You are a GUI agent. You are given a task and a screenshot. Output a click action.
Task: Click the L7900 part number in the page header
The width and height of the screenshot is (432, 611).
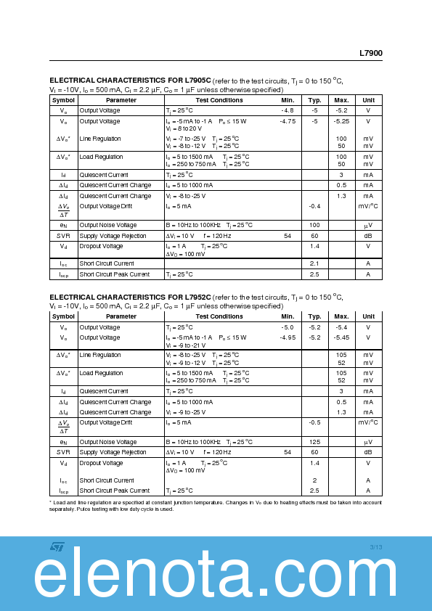pyautogui.click(x=370, y=53)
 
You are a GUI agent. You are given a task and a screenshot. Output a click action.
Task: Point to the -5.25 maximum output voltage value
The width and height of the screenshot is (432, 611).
pyautogui.click(x=341, y=121)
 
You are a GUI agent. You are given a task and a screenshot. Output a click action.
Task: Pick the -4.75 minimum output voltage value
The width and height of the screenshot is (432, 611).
pyautogui.click(x=288, y=121)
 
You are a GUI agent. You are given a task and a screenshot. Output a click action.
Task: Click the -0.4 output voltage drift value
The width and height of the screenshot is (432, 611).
pyautogui.click(x=314, y=206)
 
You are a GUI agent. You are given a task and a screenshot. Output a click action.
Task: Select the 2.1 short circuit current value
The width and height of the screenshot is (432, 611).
pyautogui.click(x=314, y=263)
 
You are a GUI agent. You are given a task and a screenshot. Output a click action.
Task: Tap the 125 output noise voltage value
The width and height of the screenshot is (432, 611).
pyautogui.click(x=314, y=442)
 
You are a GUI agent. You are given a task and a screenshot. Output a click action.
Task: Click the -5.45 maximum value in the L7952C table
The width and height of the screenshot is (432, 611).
pyautogui.click(x=341, y=337)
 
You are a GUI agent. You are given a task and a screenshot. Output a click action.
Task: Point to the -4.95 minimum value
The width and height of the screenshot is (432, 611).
pyautogui.click(x=288, y=337)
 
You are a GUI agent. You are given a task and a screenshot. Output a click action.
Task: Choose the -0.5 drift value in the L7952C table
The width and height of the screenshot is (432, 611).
pyautogui.click(x=314, y=422)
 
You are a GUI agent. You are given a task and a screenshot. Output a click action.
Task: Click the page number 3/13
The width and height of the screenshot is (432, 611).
pyautogui.click(x=375, y=546)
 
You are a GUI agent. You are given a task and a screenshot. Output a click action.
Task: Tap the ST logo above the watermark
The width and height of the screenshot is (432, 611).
pyautogui.click(x=57, y=546)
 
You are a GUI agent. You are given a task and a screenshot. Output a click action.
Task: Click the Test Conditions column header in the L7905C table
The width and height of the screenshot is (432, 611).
pyautogui.click(x=219, y=100)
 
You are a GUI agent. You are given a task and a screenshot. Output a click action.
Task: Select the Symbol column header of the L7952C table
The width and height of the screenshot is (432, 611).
pyautogui.click(x=63, y=316)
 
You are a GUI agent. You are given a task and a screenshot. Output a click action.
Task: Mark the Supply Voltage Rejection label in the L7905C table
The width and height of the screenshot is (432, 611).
pyautogui.click(x=113, y=236)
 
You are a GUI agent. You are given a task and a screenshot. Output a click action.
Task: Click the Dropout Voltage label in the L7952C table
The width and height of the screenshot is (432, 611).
pyautogui.click(x=101, y=463)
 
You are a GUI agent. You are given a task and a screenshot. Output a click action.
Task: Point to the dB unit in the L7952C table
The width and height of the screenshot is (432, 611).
pyautogui.click(x=368, y=452)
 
